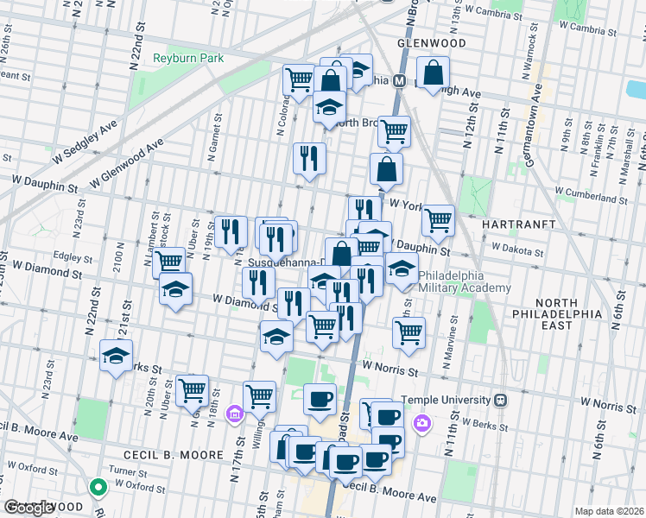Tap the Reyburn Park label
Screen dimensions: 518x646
[x=187, y=58]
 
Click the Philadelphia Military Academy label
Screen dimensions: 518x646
[x=465, y=281]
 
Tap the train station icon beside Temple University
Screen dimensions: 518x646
[x=500, y=401]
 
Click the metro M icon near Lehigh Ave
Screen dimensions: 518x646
[x=400, y=81]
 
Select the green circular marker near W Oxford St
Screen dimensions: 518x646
[x=98, y=488]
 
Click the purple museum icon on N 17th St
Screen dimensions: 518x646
[x=233, y=416]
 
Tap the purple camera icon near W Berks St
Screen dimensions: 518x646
[x=422, y=422]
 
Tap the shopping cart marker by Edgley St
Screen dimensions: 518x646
[x=170, y=260]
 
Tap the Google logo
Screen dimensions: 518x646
[x=30, y=508]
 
